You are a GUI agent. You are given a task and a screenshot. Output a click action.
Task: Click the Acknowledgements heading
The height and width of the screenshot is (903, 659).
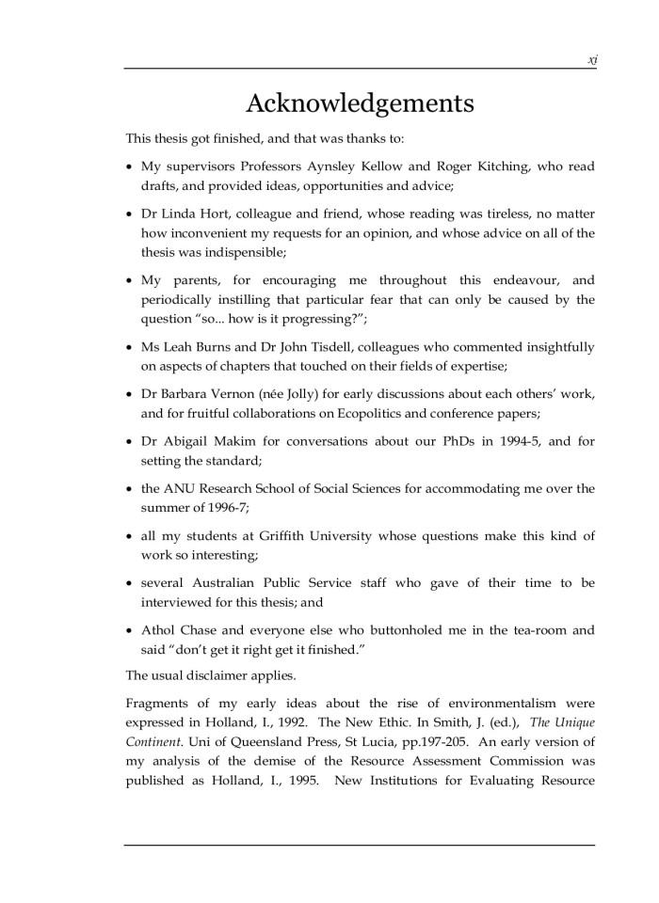pyautogui.click(x=360, y=103)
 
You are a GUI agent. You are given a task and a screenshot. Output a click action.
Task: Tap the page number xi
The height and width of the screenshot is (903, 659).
pyautogui.click(x=592, y=59)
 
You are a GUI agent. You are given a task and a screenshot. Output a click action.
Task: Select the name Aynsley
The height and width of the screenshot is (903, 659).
pyautogui.click(x=346, y=166)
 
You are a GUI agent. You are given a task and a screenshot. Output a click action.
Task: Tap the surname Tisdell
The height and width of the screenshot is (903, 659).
pyautogui.click(x=380, y=347)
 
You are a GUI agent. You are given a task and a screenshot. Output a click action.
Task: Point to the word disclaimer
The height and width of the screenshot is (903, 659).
pyautogui.click(x=234, y=674)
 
